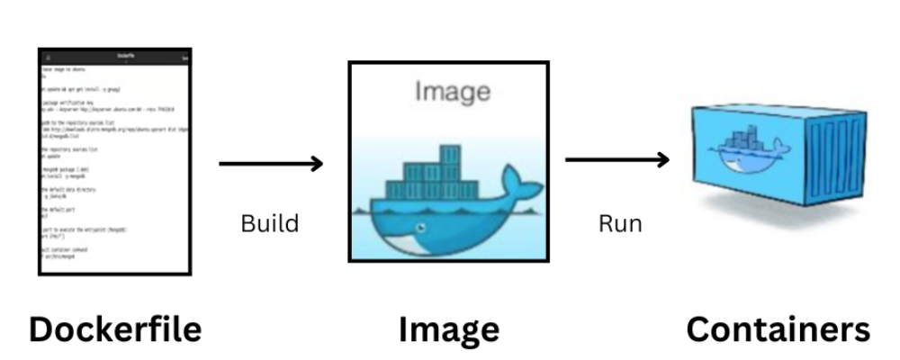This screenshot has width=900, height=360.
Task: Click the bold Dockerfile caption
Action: [115, 329]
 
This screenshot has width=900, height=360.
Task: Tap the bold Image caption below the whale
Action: [448, 329]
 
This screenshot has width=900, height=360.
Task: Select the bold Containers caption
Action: [778, 329]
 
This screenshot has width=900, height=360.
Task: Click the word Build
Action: [269, 223]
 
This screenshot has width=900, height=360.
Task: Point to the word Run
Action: [620, 223]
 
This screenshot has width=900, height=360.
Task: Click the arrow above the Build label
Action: [270, 163]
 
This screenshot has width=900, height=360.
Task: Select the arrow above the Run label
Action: [617, 160]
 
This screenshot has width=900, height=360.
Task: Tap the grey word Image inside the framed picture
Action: [453, 92]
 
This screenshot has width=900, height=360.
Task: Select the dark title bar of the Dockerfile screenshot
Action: [115, 57]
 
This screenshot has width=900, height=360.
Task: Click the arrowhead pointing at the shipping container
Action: [663, 160]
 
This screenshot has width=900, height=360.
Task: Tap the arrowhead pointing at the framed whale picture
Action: [316, 163]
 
